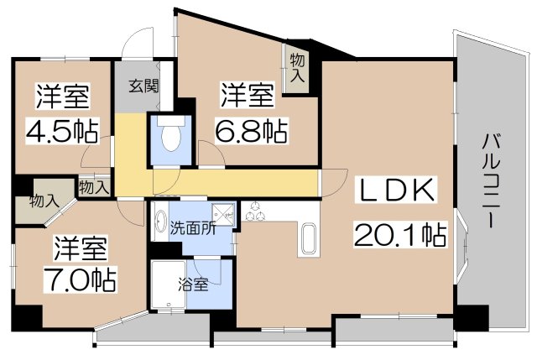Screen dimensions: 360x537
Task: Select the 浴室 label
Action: point(195,284)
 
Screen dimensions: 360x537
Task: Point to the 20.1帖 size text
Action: point(398,236)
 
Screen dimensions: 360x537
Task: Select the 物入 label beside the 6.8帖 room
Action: point(296,65)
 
